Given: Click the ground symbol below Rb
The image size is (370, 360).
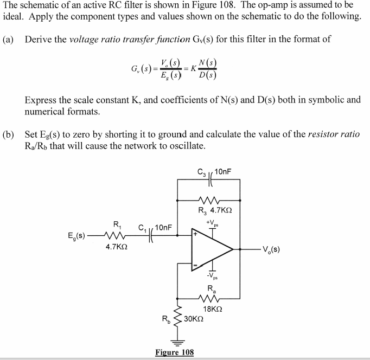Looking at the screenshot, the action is (177, 341).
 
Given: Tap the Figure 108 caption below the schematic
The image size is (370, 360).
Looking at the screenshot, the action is (174, 352).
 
